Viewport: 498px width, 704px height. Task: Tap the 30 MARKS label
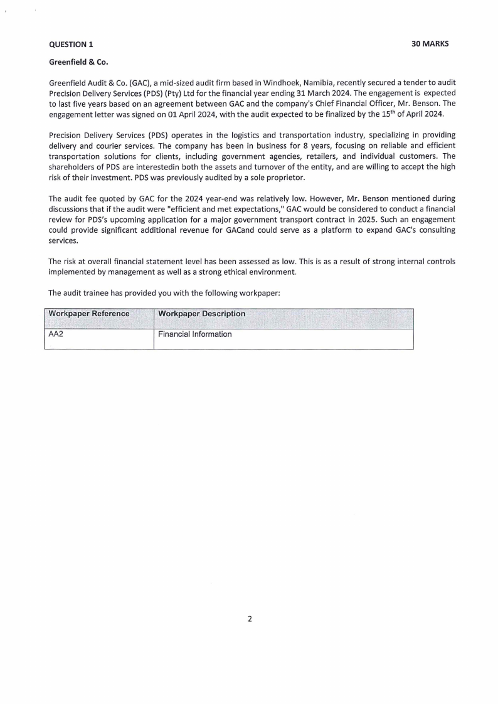pos(430,44)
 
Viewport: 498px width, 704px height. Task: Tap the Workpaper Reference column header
pos(89,314)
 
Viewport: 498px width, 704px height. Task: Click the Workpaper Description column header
pos(202,314)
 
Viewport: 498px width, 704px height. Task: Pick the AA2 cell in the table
pos(56,334)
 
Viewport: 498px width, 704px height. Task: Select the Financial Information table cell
pos(195,334)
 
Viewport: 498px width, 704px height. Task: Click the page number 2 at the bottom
pos(249,619)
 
